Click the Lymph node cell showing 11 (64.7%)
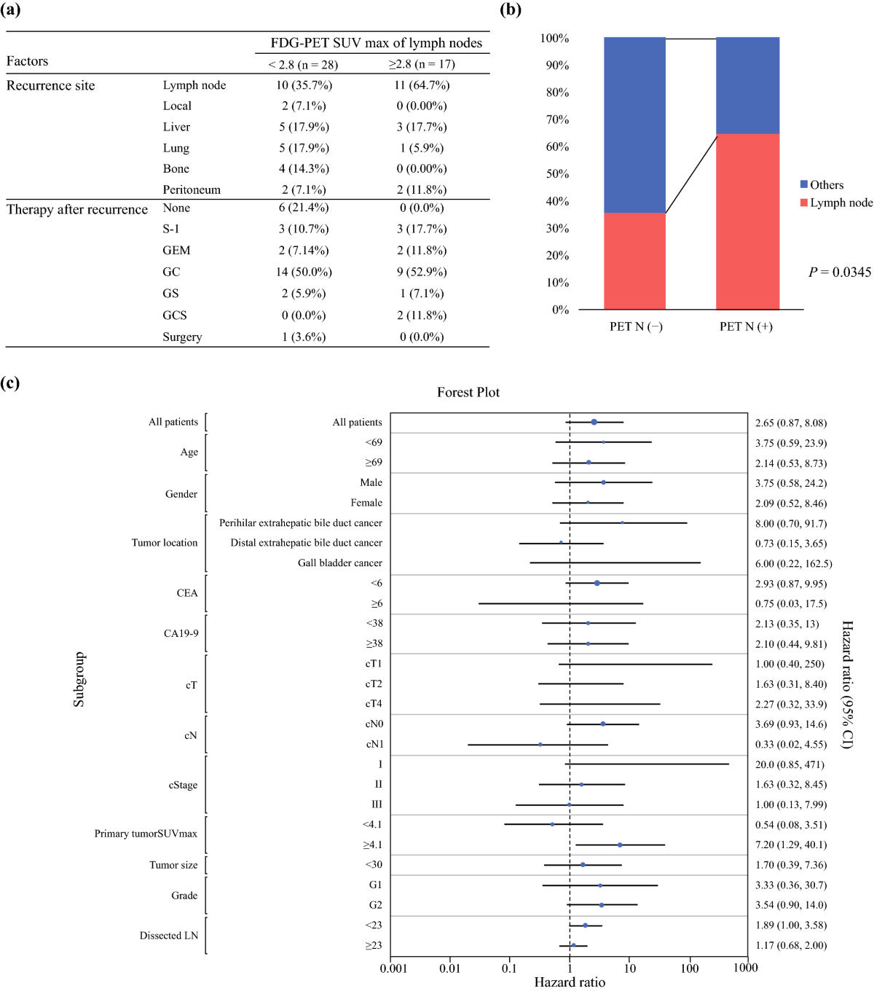click(x=422, y=85)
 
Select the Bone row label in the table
click(x=176, y=168)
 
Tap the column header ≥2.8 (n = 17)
click(x=422, y=64)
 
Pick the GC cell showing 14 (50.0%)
click(x=304, y=272)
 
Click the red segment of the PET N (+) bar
click(x=747, y=222)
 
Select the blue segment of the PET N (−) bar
click(x=634, y=125)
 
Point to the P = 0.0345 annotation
click(x=840, y=272)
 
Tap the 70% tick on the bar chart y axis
click(x=557, y=120)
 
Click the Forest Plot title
click(x=468, y=392)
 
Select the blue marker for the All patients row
click(x=594, y=422)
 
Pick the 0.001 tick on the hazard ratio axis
click(x=393, y=968)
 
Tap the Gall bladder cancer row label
click(x=339, y=563)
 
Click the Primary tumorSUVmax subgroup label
click(x=146, y=834)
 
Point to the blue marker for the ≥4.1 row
click(x=620, y=845)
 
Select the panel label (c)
click(x=10, y=383)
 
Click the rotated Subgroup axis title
click(x=79, y=679)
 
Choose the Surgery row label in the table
click(x=182, y=337)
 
